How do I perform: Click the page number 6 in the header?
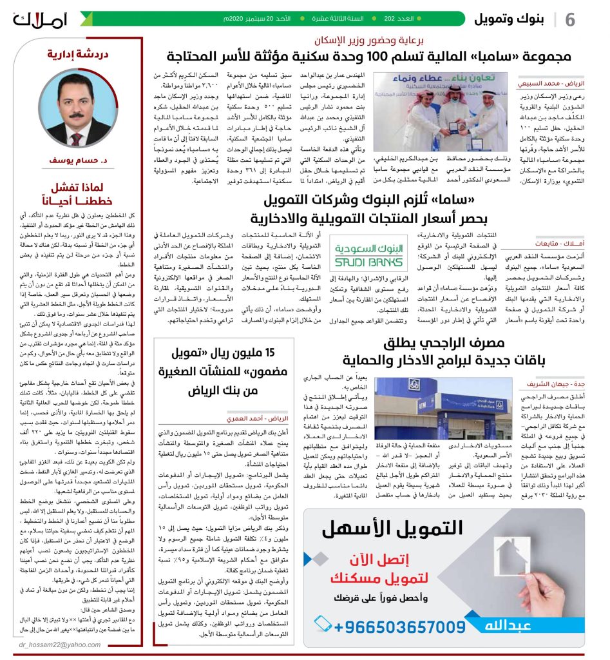(569, 19)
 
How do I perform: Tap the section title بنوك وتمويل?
(508, 19)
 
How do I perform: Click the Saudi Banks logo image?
(359, 253)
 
